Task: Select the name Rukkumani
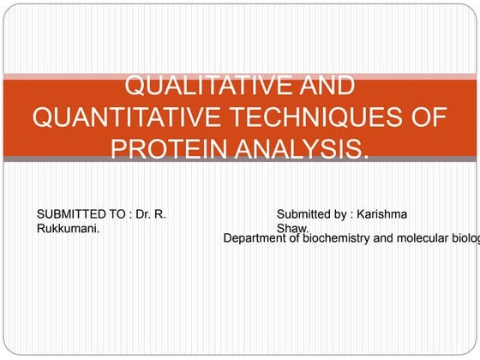coord(74,229)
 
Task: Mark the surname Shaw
coord(292,228)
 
